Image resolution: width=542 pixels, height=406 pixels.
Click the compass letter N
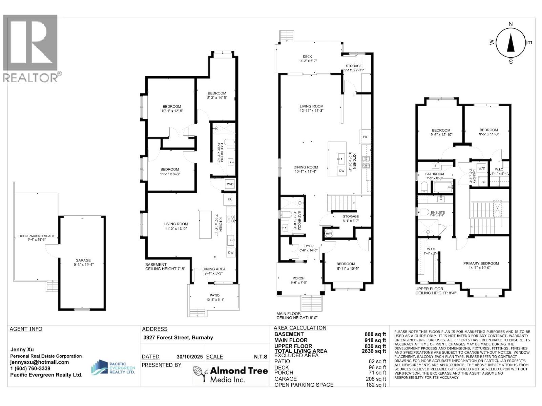(x=511, y=24)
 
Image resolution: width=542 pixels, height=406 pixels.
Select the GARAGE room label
(x=83, y=260)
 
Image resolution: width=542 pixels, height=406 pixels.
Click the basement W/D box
(x=230, y=184)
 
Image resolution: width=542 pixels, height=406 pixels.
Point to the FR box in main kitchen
(x=365, y=137)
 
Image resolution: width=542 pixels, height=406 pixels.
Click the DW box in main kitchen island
(x=341, y=171)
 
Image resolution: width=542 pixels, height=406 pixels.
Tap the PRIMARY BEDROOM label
(x=481, y=263)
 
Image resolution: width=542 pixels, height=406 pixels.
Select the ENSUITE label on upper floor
(x=438, y=212)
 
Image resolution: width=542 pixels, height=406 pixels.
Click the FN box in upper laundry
(x=483, y=182)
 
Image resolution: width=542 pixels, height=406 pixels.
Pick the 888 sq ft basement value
(x=375, y=334)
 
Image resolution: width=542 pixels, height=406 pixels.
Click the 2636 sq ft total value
(x=374, y=351)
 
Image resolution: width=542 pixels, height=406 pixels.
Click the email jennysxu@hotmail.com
(x=39, y=362)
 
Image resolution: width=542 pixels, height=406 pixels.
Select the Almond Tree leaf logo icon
(x=200, y=374)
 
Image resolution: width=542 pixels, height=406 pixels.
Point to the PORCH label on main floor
(x=298, y=278)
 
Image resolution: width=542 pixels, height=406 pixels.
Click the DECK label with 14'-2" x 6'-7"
(x=307, y=57)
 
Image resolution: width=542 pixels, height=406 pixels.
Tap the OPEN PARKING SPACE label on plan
(x=37, y=236)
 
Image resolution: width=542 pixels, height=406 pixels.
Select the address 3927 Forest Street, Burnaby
(x=178, y=337)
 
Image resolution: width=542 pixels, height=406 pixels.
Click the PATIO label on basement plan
(x=214, y=295)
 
